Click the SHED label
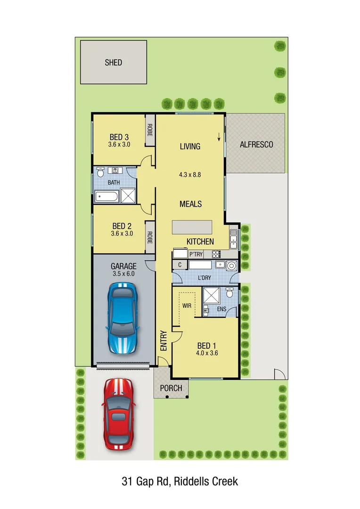(x=113, y=62)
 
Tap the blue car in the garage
(x=122, y=318)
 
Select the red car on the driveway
(x=118, y=414)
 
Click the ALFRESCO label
(x=256, y=145)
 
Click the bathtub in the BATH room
(x=107, y=196)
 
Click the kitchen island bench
(x=192, y=227)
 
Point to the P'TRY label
(x=196, y=254)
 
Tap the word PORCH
(x=171, y=388)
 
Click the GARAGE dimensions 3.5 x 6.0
(x=123, y=273)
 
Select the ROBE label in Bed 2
(x=150, y=237)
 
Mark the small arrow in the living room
(x=219, y=137)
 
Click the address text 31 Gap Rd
(x=147, y=481)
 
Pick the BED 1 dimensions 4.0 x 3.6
(x=207, y=352)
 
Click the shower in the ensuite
(x=211, y=295)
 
